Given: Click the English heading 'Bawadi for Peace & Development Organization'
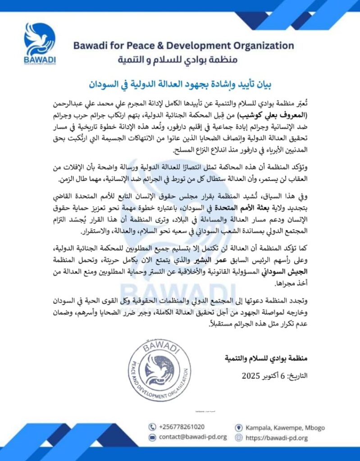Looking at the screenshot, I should click(183, 45).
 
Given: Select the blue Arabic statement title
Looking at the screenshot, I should click(180, 84).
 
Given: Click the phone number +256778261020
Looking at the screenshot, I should click(182, 427).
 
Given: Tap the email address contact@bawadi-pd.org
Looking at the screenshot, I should click(193, 437).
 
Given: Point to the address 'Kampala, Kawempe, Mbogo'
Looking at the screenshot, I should click(285, 427).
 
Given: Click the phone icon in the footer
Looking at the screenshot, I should click(152, 427).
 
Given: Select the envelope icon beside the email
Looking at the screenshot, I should click(152, 437).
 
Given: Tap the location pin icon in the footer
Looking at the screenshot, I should click(239, 427).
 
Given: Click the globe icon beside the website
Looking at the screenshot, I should click(239, 437).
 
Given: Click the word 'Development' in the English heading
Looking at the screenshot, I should click(195, 45).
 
